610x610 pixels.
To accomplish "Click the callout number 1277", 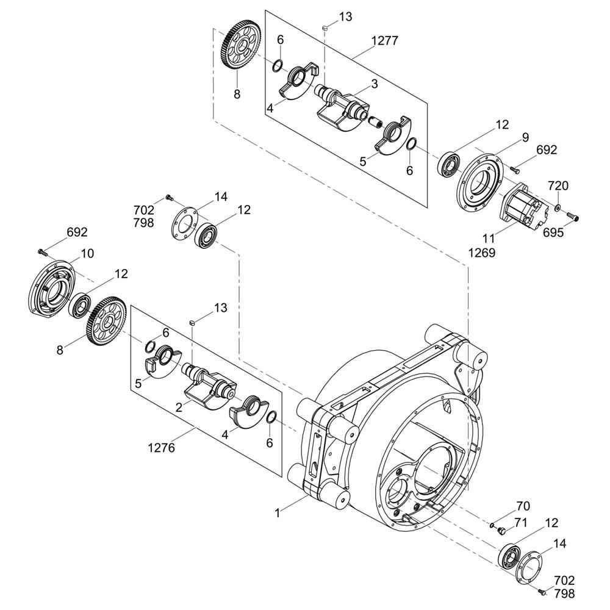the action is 385,40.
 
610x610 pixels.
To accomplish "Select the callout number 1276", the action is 162,448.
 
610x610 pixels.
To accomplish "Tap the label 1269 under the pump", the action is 482,253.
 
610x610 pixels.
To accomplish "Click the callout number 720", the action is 558,185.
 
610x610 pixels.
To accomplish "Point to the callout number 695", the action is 553,232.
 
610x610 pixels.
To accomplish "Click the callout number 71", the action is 521,523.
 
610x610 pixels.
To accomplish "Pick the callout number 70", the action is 523,506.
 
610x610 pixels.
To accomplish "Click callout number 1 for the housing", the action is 278,514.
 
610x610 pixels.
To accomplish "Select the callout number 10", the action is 87,253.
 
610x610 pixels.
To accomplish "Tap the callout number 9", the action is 525,137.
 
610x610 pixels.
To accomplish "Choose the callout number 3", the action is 375,84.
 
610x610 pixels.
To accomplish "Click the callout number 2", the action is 179,407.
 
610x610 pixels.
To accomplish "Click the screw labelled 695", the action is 572,215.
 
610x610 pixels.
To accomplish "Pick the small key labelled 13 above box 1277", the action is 325,27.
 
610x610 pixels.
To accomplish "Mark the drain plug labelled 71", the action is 501,529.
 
